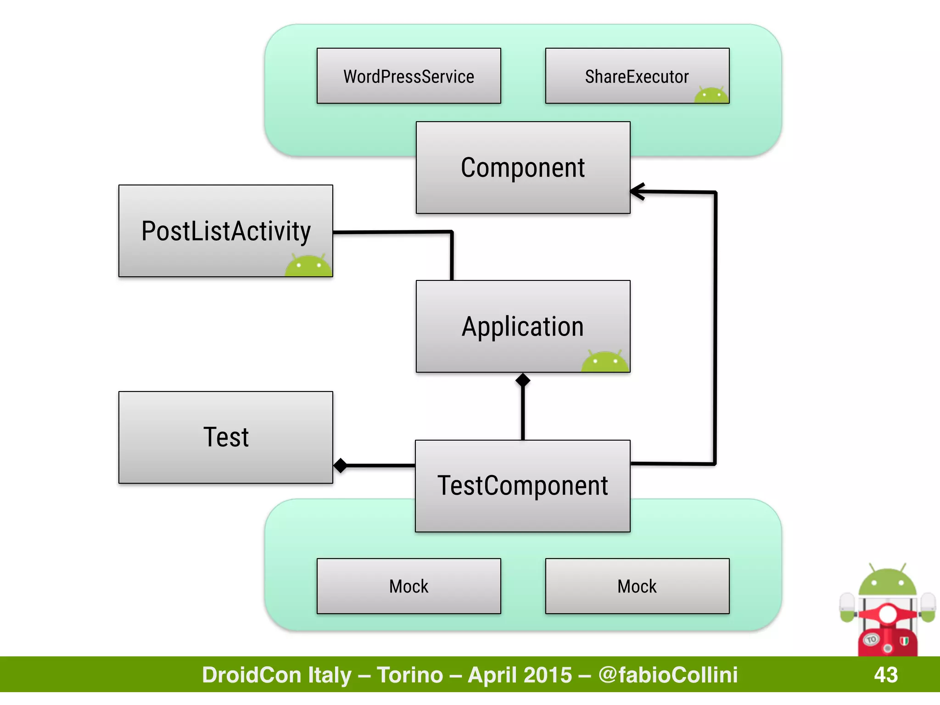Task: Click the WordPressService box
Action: [x=408, y=76]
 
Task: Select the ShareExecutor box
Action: [x=637, y=76]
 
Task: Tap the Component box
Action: [x=523, y=168]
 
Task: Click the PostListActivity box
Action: [x=225, y=230]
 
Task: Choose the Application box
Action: [x=523, y=326]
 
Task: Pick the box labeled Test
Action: [x=225, y=437]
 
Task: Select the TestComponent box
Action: [x=522, y=486]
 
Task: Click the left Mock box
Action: [x=408, y=586]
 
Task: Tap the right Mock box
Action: [x=637, y=586]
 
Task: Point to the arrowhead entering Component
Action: [x=637, y=191]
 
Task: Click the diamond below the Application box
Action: [x=523, y=380]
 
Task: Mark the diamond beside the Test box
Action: [x=341, y=465]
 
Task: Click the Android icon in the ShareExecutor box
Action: [x=711, y=95]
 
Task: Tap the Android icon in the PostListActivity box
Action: [x=308, y=266]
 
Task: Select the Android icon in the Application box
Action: [x=605, y=361]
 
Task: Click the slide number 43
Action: [x=885, y=675]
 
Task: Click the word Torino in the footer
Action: [x=410, y=675]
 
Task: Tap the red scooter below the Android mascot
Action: [x=887, y=633]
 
